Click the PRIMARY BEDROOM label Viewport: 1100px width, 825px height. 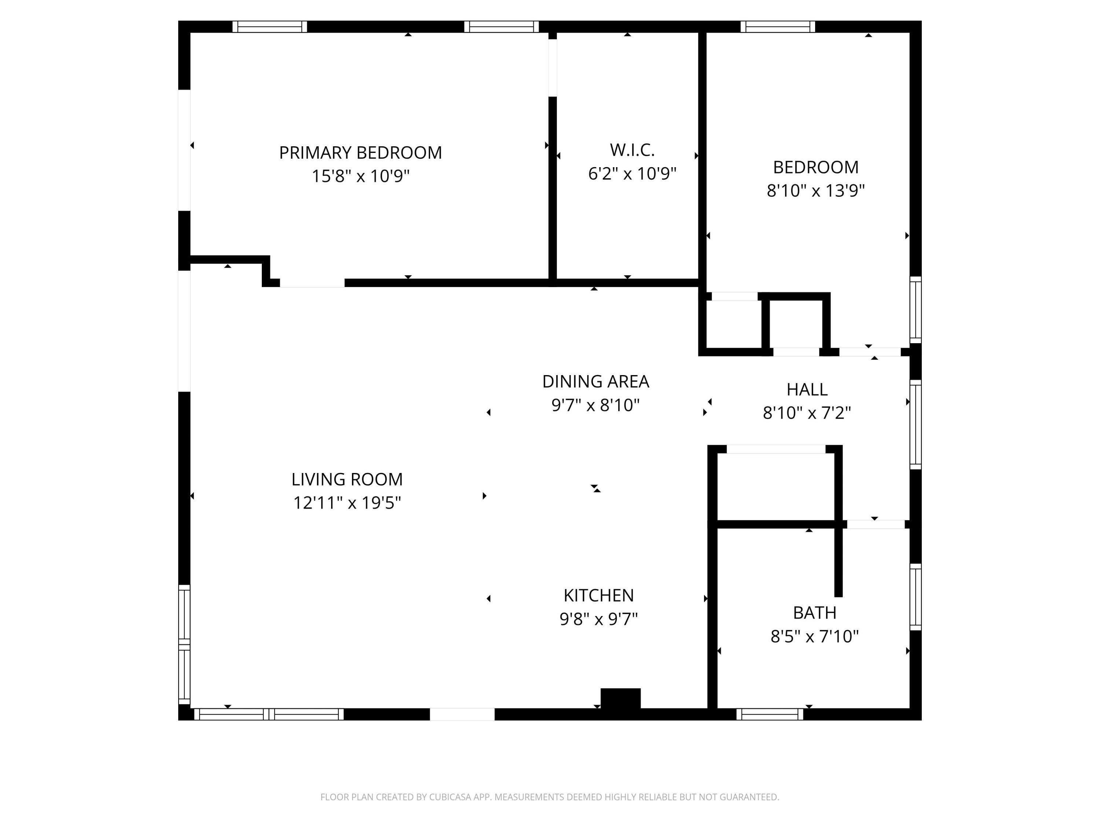click(360, 153)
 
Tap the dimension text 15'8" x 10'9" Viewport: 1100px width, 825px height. click(360, 176)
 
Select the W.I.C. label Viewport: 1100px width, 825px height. click(632, 150)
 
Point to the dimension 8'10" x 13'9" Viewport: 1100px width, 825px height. click(815, 190)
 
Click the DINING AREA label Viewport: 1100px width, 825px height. click(595, 381)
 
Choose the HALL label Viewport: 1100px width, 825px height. click(807, 389)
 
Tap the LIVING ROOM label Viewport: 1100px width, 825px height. click(346, 479)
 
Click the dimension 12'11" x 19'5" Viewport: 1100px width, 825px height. click(346, 503)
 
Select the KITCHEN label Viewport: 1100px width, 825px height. click(598, 595)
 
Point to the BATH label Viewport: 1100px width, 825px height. click(814, 613)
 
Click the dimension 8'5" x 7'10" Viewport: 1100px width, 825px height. click(814, 636)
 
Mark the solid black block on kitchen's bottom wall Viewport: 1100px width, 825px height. click(620, 698)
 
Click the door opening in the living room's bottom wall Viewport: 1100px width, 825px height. click(462, 714)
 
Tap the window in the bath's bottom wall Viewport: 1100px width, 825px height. click(769, 714)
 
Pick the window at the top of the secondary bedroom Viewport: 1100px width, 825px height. click(777, 27)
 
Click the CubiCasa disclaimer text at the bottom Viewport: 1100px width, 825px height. click(550, 797)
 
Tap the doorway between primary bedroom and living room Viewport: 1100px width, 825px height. click(312, 283)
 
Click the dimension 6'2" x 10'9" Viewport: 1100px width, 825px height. click(632, 173)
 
